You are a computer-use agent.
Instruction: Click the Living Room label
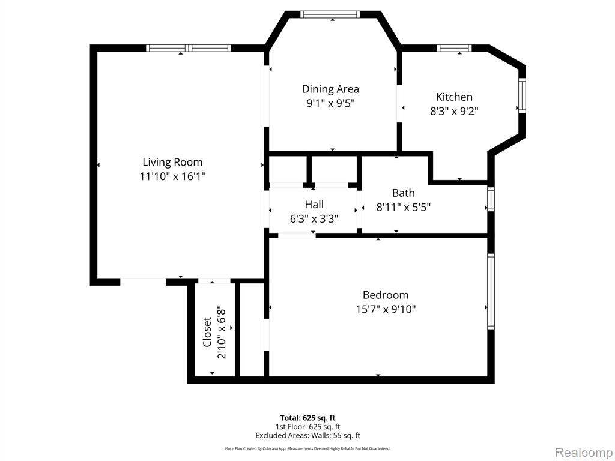(172, 162)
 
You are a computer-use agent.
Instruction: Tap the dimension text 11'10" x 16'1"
(172, 176)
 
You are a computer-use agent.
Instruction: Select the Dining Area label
(330, 89)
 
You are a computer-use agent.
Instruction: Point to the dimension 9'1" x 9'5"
(330, 103)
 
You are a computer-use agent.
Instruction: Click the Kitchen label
(454, 97)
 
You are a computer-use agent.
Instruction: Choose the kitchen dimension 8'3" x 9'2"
(454, 111)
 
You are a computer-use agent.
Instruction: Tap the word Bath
(404, 193)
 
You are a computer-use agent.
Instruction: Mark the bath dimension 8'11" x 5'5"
(404, 208)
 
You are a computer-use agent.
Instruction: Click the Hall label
(314, 205)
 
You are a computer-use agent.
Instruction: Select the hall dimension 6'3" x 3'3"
(314, 219)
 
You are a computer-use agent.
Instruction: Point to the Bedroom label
(386, 295)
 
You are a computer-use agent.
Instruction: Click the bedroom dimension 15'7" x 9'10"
(386, 309)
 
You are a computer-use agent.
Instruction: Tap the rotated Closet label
(207, 332)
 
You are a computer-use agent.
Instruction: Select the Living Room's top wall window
(189, 48)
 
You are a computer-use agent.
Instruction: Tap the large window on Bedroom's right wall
(491, 291)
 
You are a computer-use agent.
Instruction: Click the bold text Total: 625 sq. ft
(307, 418)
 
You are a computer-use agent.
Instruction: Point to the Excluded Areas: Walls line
(307, 436)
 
